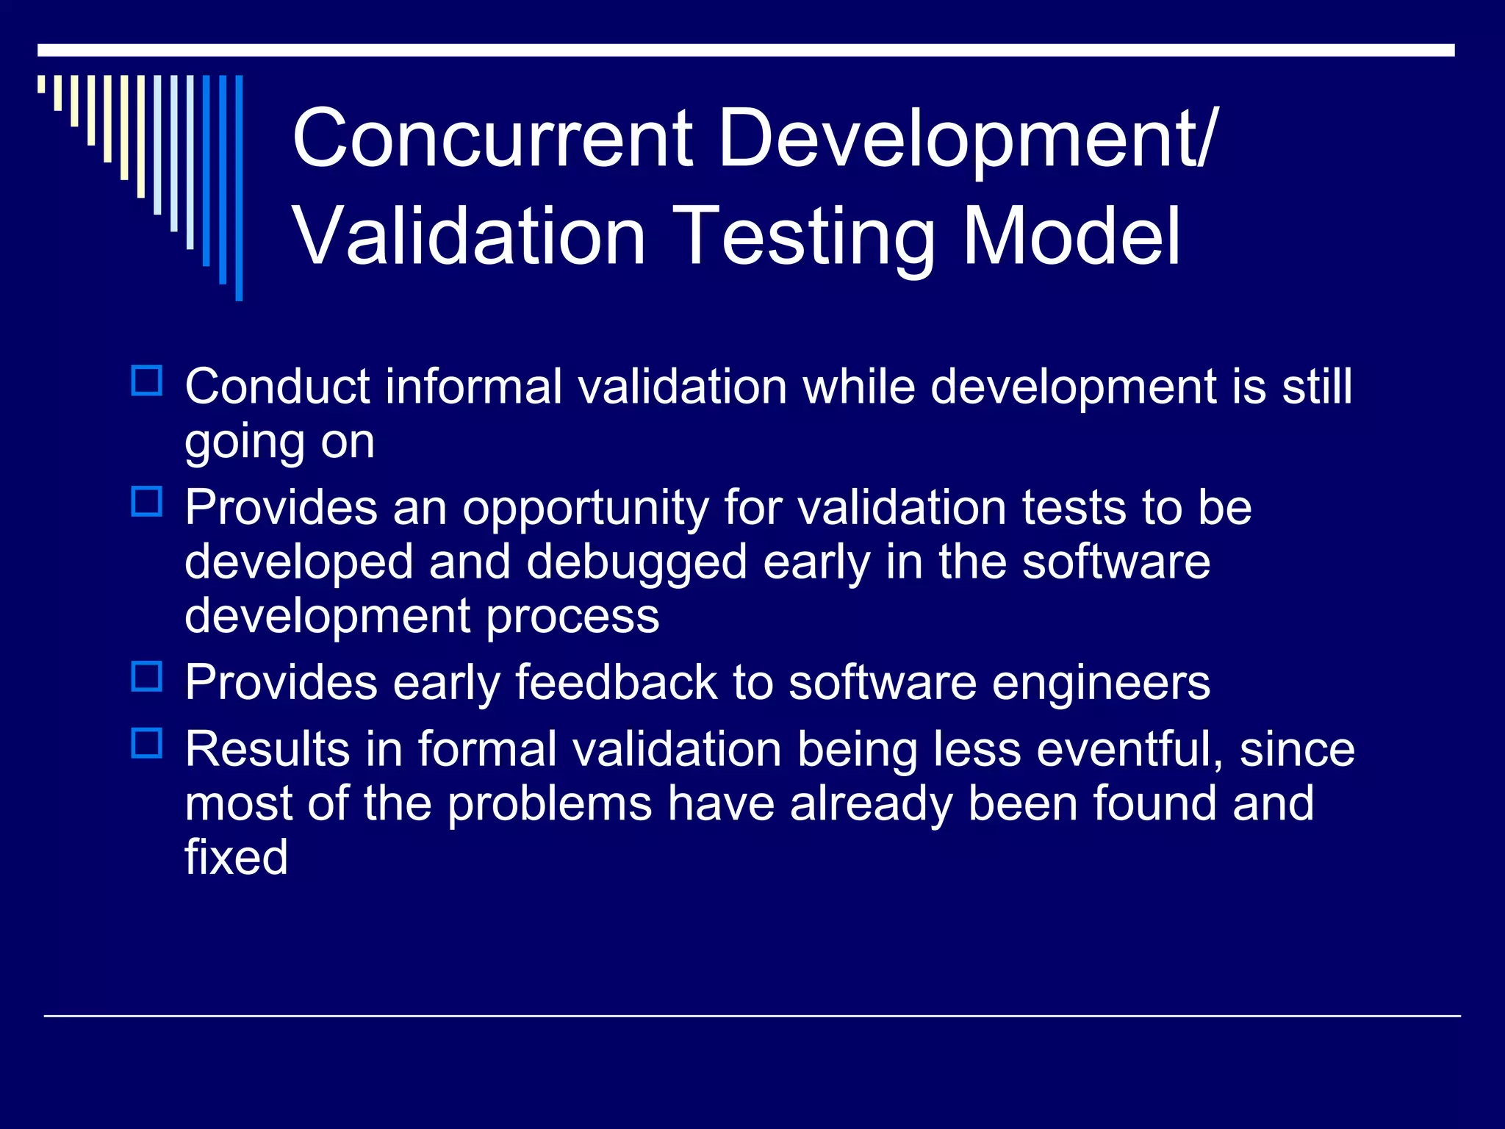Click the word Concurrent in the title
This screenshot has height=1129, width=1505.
click(492, 138)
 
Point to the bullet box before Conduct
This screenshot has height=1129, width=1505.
click(146, 381)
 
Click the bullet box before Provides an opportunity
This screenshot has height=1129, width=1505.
click(146, 502)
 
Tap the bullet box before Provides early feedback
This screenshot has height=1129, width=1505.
click(146, 677)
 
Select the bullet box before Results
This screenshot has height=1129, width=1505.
click(146, 743)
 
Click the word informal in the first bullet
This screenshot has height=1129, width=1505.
click(475, 387)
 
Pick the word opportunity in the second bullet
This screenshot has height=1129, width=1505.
click(584, 509)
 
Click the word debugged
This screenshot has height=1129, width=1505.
click(636, 563)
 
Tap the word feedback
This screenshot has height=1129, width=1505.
click(616, 683)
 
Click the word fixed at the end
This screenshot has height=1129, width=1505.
click(235, 857)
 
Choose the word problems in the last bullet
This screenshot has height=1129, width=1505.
click(550, 803)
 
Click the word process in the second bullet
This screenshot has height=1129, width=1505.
click(572, 617)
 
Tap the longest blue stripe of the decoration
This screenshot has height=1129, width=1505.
click(239, 187)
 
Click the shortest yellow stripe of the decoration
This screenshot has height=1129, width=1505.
click(41, 84)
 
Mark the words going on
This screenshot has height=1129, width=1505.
click(279, 442)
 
